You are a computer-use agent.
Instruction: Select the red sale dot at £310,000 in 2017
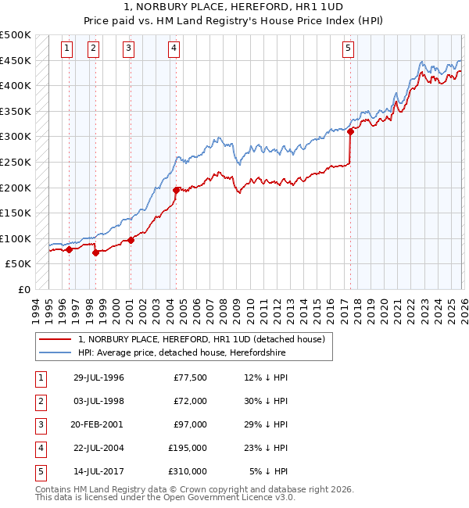350,132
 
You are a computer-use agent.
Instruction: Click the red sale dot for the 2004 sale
176,190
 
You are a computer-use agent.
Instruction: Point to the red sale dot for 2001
131,240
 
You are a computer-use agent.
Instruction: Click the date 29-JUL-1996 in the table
98,377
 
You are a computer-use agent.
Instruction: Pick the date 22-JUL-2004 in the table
98,448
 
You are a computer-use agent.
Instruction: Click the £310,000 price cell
188,471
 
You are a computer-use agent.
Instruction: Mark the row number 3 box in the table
38,424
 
